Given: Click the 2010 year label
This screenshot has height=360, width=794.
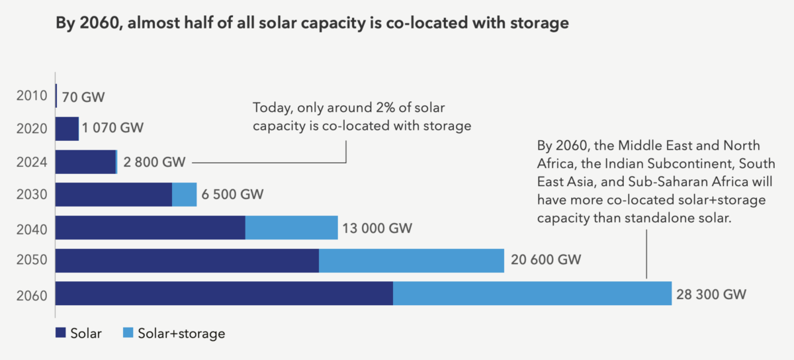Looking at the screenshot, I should (x=32, y=96).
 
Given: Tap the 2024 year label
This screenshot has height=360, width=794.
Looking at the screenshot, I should (x=32, y=161).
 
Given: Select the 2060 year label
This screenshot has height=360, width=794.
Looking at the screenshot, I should (x=32, y=294).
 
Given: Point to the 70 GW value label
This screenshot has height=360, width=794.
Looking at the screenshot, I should (x=83, y=97).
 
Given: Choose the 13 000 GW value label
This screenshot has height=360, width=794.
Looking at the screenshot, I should (x=378, y=228).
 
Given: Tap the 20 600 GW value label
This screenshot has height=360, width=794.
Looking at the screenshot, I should (x=546, y=260).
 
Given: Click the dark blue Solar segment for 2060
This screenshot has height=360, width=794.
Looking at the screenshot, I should (x=224, y=293).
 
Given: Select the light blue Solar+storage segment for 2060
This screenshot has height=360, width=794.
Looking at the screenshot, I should (x=533, y=293).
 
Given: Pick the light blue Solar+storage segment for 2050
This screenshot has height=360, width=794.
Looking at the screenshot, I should (x=412, y=260).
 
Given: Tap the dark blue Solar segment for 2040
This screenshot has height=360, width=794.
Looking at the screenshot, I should (x=150, y=228).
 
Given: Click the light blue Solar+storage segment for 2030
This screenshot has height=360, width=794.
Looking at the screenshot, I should (x=185, y=195).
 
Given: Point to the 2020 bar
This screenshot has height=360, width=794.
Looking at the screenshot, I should (x=67, y=128).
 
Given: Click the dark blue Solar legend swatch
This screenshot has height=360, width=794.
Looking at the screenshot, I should (x=61, y=333).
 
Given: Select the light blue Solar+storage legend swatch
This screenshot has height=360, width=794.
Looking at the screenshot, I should (x=128, y=333).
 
